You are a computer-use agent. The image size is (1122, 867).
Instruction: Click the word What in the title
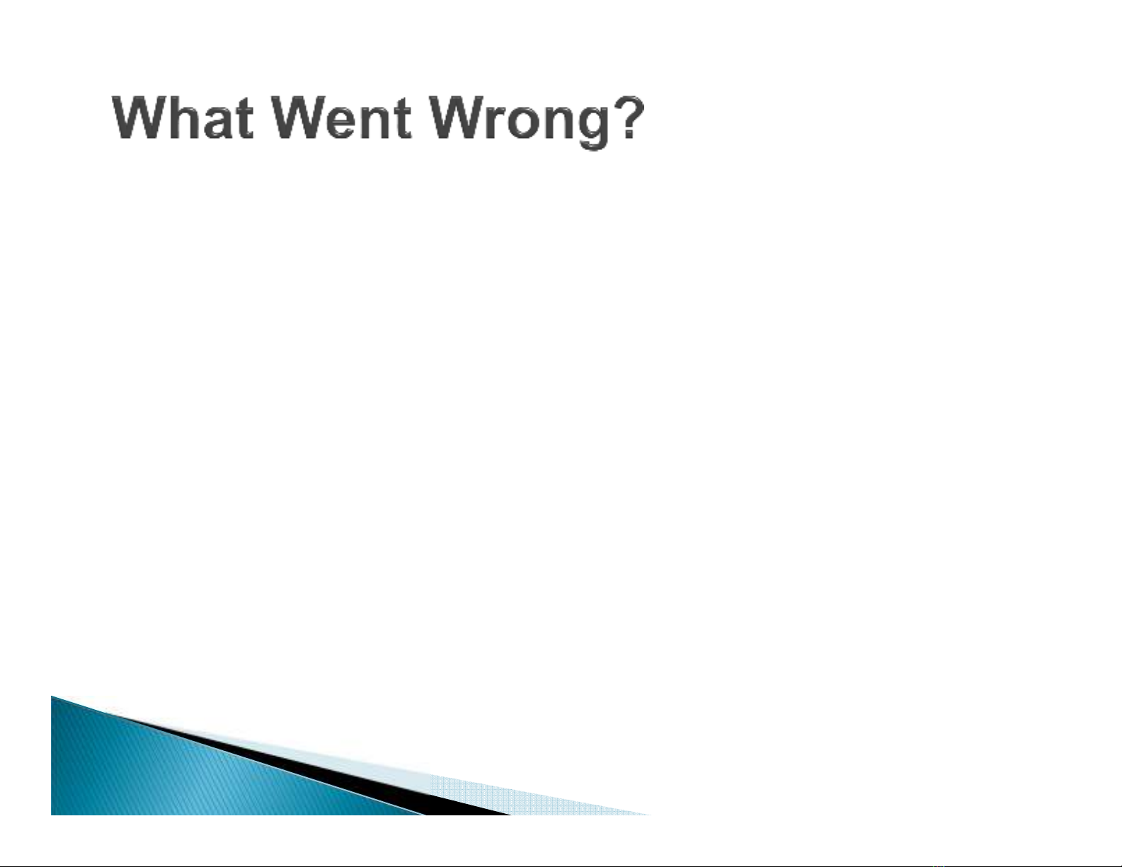183,117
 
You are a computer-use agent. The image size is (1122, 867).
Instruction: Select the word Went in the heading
342,117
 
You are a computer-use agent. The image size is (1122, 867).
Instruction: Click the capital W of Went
299,117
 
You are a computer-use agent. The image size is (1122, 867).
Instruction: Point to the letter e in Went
344,123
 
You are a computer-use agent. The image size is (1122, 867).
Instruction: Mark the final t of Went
404,119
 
